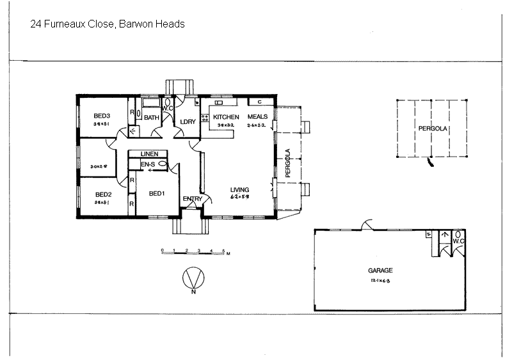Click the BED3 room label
coord(102,116)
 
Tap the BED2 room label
coord(104,194)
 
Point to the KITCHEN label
coord(226,117)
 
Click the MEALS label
coord(257,117)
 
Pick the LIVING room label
coord(240,189)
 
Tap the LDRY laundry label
coord(188,121)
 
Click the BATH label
coord(151,118)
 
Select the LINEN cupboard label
coord(149,154)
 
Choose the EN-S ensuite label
coord(147,164)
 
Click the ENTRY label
coord(193,199)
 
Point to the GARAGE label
coord(380,270)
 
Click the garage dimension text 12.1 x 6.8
coord(380,280)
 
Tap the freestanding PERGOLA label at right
coord(432,129)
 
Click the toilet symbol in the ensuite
coord(163,164)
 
